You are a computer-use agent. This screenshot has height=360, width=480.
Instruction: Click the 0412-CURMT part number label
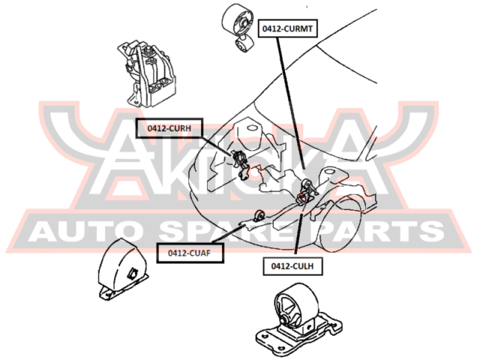(x=287, y=28)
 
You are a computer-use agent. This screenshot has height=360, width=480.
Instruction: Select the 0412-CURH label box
(x=169, y=128)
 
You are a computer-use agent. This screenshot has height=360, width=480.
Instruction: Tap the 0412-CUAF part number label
(x=190, y=253)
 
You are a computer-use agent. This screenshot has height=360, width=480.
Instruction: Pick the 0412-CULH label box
(x=292, y=266)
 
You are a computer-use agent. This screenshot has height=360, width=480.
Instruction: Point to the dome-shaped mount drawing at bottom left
(x=122, y=269)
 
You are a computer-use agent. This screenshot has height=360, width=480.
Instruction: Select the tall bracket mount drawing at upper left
(x=146, y=73)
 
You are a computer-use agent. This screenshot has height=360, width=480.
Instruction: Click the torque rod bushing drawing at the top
(x=238, y=28)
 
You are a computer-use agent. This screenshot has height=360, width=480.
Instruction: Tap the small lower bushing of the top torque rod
(x=244, y=45)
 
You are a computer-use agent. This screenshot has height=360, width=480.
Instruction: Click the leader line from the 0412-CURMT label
(x=291, y=103)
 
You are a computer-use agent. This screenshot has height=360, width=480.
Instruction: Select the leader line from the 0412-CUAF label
(x=228, y=234)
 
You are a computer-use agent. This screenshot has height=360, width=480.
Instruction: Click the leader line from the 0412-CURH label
(x=217, y=146)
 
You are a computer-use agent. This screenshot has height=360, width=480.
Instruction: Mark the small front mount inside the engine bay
(x=259, y=215)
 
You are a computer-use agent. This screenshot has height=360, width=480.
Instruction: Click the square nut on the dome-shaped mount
(x=133, y=273)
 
